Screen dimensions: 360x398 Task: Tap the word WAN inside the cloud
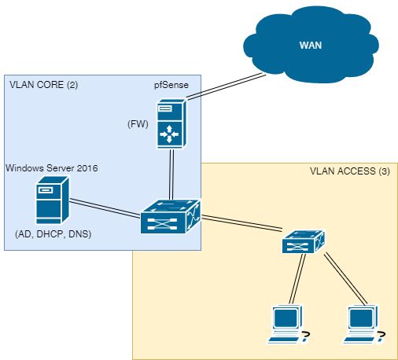pos(310,46)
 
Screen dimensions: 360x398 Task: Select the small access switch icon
pos(304,242)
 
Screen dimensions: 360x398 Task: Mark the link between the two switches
pos(241,224)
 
